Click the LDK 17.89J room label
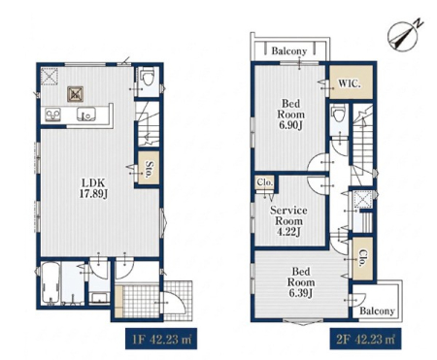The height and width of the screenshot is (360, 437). tap(93, 187)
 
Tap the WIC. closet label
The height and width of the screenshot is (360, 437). tap(350, 83)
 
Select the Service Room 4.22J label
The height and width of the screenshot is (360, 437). tap(288, 221)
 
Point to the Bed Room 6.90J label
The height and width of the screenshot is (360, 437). tap(290, 115)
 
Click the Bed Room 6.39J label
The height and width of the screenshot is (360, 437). tap(301, 282)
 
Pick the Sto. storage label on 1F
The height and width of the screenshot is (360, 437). tap(150, 169)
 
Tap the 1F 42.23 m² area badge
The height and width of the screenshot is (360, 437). tap(161, 340)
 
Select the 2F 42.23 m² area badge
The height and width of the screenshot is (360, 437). tap(365, 340)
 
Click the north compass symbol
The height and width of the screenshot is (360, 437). tap(405, 35)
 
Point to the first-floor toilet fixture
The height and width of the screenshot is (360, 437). tap(147, 77)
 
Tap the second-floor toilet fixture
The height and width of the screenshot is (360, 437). tap(339, 114)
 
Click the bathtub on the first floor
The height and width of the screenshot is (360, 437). tap(50, 283)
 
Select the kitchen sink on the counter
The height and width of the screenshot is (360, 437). tap(86, 114)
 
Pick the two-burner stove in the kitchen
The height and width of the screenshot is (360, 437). tap(53, 115)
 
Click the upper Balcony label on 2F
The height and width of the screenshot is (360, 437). tap(288, 50)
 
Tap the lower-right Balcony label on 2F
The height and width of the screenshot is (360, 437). tap(377, 311)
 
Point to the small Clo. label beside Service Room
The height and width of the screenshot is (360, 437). tap(265, 182)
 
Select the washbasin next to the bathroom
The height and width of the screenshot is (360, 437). tap(99, 297)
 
